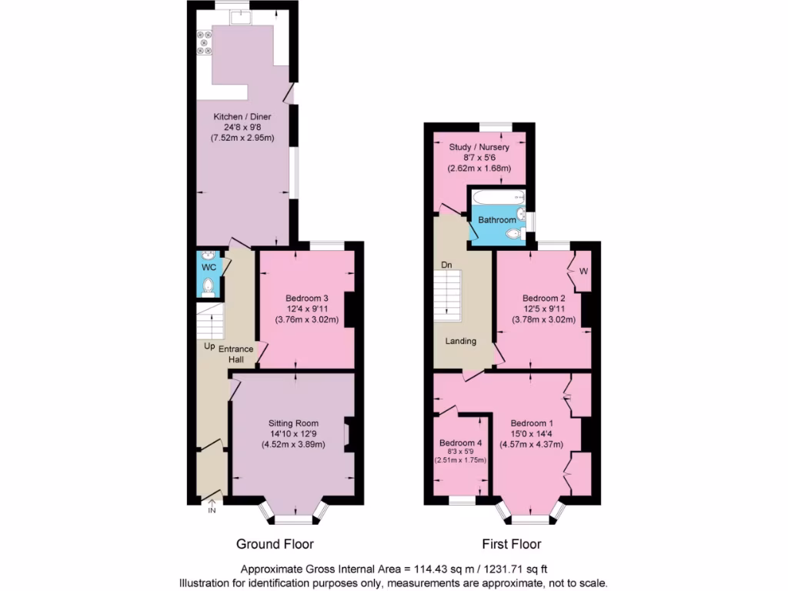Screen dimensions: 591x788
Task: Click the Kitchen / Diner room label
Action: [244, 115]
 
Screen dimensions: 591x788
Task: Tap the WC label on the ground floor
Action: [208, 267]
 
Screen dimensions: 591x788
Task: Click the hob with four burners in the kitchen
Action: [205, 42]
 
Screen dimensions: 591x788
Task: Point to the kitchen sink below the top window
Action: [242, 16]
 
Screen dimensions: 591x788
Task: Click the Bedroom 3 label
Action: [307, 299]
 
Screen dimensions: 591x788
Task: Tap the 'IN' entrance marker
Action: [212, 510]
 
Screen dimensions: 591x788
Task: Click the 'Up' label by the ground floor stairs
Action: [209, 346]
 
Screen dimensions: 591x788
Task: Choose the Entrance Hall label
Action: [236, 354]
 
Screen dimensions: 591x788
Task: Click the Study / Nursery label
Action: [481, 145]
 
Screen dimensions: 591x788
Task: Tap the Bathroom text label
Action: [497, 220]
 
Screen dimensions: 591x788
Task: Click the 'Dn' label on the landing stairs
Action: [446, 265]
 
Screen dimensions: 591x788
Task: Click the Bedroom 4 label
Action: [460, 443]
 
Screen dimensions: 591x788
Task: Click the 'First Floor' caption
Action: [511, 544]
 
